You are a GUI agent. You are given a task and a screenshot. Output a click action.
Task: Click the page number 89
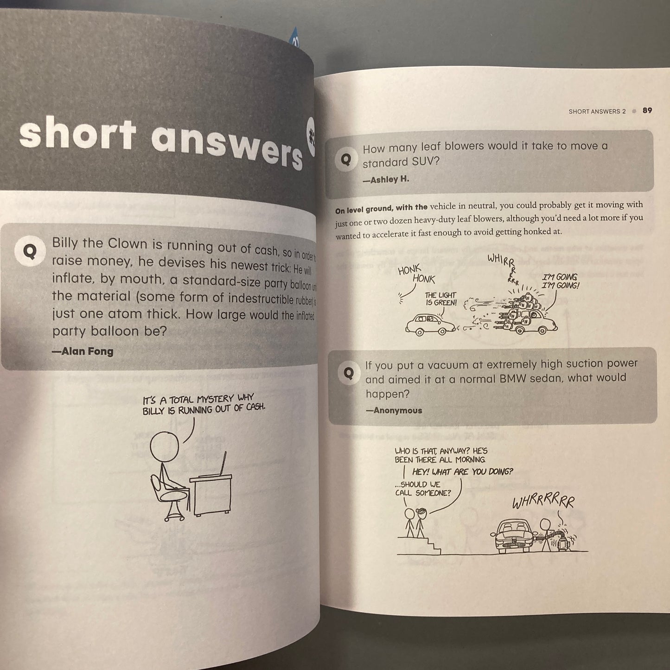[x=647, y=110]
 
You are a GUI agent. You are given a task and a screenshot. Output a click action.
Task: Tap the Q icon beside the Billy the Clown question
[x=29, y=251]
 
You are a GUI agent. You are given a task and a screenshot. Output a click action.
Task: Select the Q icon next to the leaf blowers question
[x=346, y=160]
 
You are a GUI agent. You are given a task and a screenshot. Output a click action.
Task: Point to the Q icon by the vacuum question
[x=349, y=373]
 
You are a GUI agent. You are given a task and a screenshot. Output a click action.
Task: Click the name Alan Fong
[x=83, y=351]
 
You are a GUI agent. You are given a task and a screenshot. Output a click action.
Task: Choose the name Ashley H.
[x=386, y=179]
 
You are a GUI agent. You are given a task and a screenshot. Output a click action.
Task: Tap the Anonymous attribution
[x=394, y=410]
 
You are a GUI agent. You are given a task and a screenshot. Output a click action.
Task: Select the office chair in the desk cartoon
[x=168, y=498]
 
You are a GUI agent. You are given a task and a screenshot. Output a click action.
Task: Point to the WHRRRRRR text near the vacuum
[x=543, y=502]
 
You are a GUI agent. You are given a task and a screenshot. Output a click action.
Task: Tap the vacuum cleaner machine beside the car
[x=562, y=540]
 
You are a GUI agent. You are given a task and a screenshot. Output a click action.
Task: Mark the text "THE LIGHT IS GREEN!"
[x=441, y=299]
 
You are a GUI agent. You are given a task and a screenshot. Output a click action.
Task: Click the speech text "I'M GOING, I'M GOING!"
[x=560, y=281]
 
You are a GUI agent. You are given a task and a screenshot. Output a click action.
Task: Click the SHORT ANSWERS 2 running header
[x=597, y=111]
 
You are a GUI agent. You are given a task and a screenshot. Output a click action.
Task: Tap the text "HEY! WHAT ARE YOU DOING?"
[x=462, y=472]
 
